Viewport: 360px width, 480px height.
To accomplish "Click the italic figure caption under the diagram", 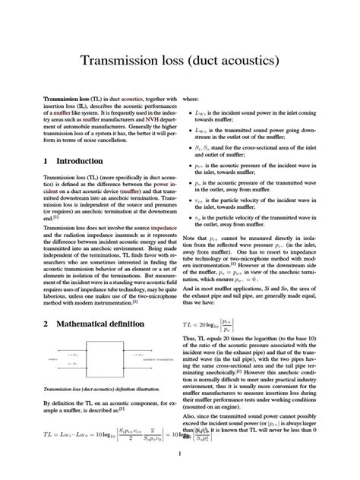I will click(99, 388).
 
